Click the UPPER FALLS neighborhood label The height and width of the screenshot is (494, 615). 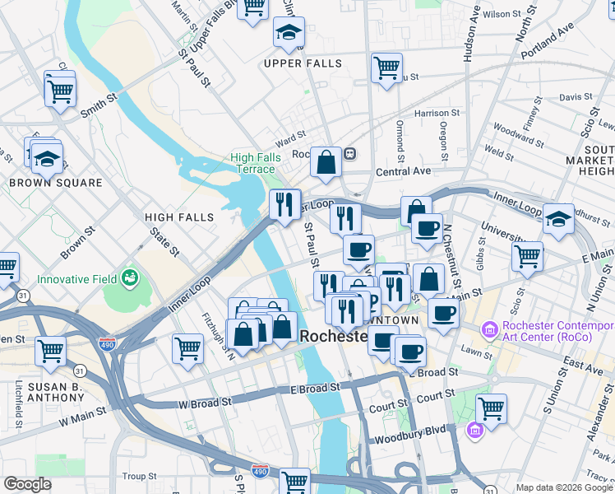click(303, 63)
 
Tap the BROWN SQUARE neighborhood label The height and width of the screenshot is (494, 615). click(56, 183)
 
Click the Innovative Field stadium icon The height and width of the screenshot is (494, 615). click(129, 278)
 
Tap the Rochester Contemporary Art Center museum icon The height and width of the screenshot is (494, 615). click(490, 330)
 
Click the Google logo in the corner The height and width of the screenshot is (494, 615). click(27, 484)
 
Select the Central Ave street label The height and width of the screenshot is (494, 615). click(403, 171)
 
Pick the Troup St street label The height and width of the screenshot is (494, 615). click(139, 476)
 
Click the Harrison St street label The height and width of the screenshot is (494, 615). click(432, 113)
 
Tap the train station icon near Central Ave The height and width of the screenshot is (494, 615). click(349, 153)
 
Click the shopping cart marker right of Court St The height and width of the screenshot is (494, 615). click(491, 408)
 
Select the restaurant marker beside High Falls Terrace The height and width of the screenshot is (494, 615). click(285, 203)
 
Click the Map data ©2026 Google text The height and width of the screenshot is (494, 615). click(564, 487)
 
